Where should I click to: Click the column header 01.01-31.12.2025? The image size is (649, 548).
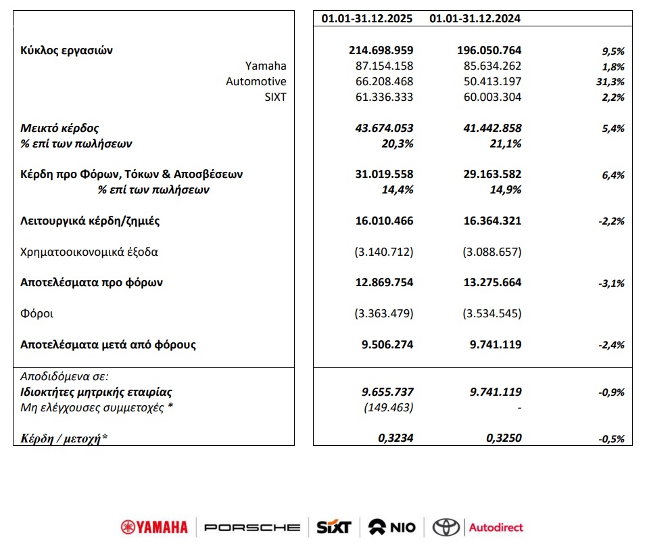[367, 19]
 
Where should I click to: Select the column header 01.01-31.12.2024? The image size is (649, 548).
[475, 19]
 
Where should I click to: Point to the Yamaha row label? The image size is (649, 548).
[266, 66]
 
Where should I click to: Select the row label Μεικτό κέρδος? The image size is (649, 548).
[60, 128]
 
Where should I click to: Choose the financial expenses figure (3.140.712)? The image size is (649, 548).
[383, 252]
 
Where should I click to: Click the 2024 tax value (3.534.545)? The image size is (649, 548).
[491, 314]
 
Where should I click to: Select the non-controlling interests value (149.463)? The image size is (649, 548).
[389, 407]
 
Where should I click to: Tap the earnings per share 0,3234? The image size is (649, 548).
[395, 438]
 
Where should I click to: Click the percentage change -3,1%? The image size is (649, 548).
[611, 283]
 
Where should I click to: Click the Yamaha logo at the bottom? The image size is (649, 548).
[155, 527]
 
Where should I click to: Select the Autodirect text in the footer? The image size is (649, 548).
[496, 527]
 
